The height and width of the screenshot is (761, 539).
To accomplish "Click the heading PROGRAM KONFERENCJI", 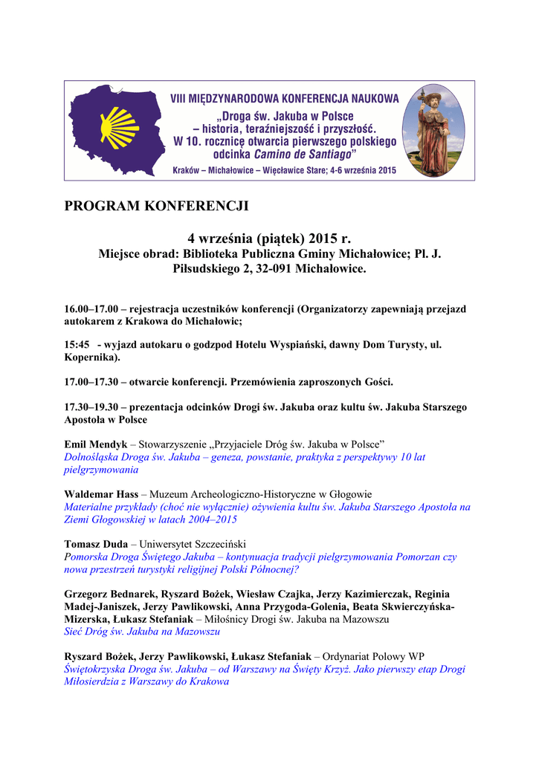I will coord(156,206).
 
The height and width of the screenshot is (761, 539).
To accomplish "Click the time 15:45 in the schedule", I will coord(77,346).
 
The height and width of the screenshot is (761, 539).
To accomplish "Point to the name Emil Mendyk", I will coord(96,444).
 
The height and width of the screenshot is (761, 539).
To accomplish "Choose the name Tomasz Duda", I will coord(96,544).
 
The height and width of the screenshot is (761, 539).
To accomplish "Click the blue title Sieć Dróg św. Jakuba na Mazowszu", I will coord(142,632).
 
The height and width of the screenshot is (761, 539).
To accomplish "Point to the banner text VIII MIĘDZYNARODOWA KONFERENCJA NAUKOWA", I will coord(285,98).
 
